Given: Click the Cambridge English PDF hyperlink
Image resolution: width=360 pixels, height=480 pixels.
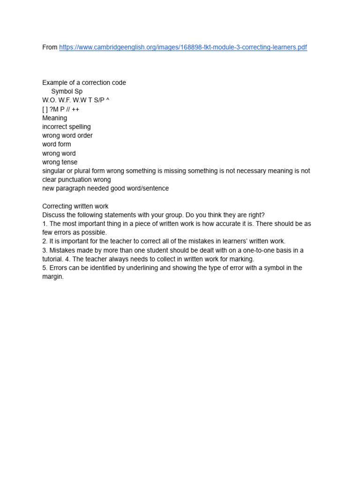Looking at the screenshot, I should tap(183, 47).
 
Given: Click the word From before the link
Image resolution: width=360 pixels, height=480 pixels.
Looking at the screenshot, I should tap(50, 47).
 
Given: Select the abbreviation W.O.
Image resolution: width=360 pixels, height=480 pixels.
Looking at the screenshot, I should tap(49, 100).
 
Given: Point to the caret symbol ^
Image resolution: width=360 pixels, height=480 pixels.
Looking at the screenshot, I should tap(108, 100).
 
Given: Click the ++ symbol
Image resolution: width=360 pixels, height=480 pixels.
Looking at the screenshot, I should tap(75, 109).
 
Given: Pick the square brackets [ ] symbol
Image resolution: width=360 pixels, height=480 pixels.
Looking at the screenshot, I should tap(45, 109).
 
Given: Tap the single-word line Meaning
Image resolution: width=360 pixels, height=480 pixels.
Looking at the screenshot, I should tap(54, 118).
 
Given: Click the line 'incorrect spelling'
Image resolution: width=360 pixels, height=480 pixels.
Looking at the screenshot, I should tap(67, 127).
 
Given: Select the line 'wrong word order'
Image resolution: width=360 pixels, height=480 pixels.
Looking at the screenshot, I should tap(67, 135).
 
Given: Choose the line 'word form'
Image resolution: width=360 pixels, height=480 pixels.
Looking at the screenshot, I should tap(57, 144).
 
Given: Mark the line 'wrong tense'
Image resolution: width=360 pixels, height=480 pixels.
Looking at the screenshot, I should tap(60, 162).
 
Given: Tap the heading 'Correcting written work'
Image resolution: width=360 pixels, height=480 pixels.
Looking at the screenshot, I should tap(75, 206).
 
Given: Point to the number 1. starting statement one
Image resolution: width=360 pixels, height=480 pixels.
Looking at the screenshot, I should tap(45, 224).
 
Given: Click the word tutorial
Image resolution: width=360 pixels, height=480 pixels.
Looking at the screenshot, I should tap(52, 259).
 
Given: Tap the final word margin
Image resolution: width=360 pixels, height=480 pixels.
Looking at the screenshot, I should tap(52, 277).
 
